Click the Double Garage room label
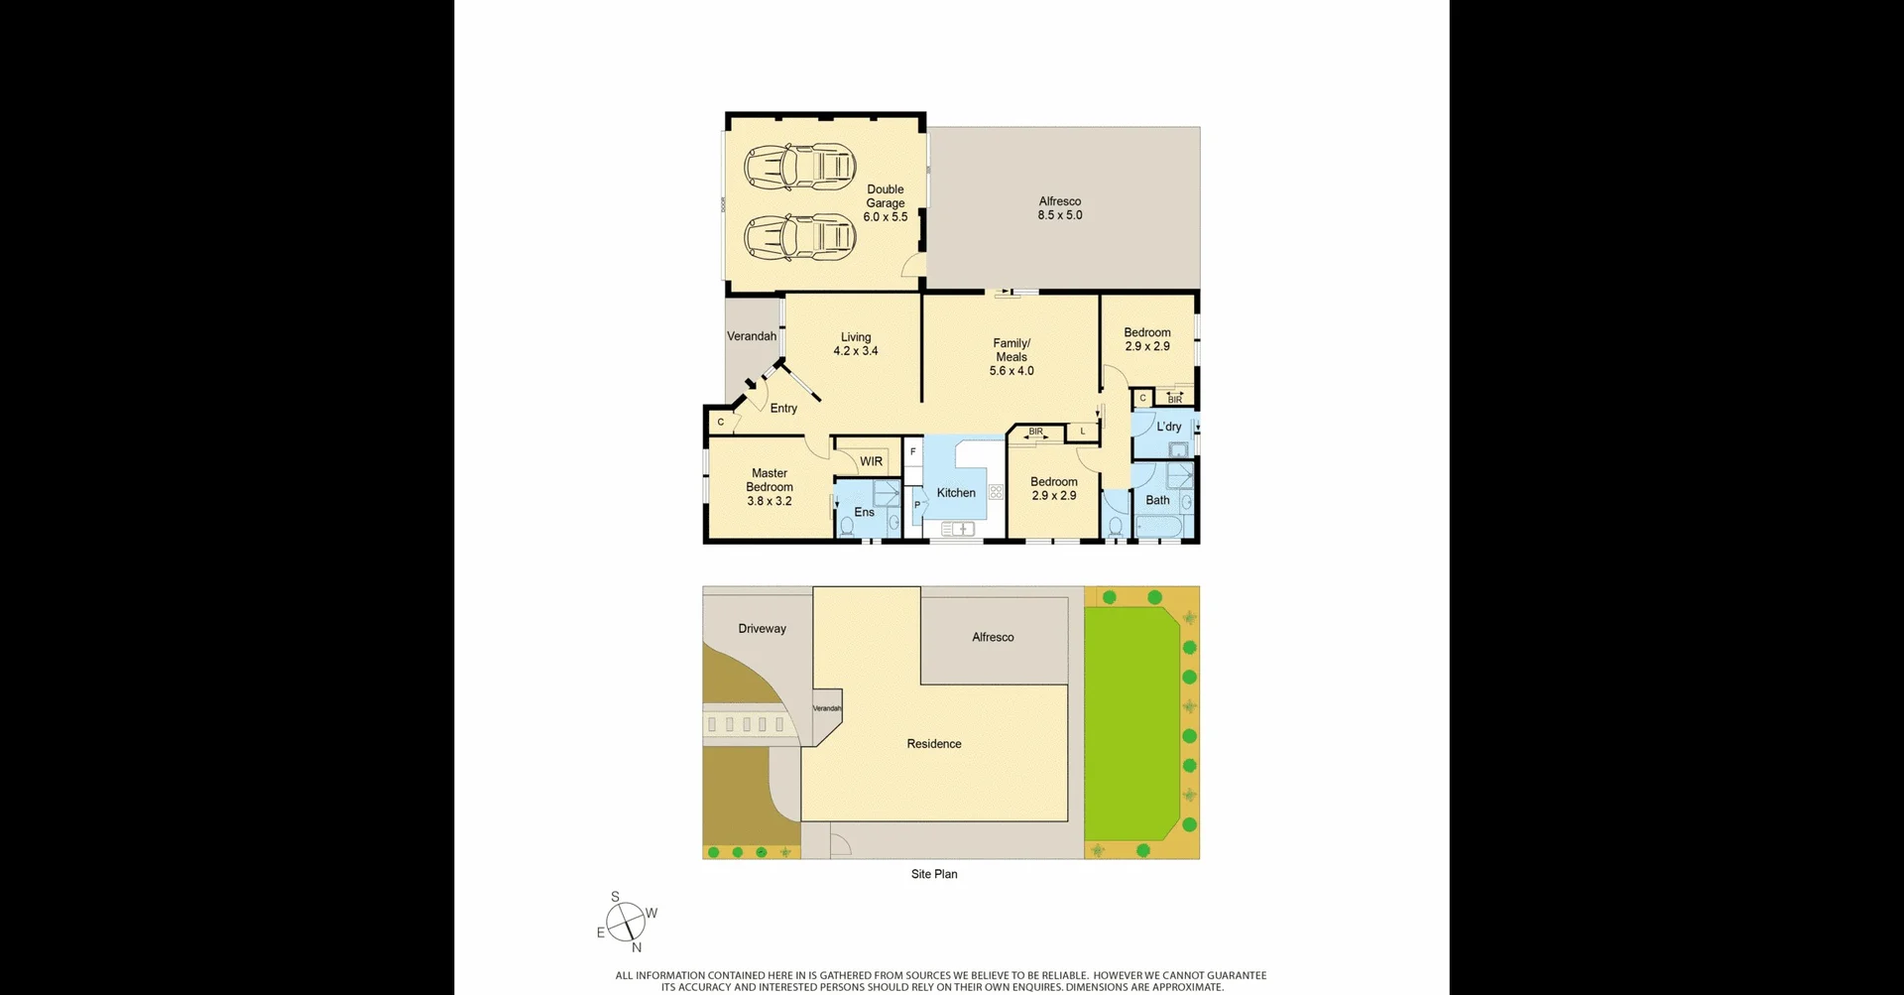click(x=885, y=202)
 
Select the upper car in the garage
click(x=799, y=167)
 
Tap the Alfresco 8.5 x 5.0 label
click(x=1059, y=208)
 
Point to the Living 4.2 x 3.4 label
click(x=855, y=343)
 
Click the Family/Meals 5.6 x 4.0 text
click(x=1011, y=357)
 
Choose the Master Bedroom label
click(x=769, y=487)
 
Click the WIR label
click(x=871, y=461)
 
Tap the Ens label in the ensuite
click(x=864, y=512)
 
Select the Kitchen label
click(x=956, y=493)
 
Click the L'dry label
click(x=1168, y=427)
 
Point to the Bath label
click(x=1157, y=500)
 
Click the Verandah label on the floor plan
click(x=751, y=336)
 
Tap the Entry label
click(x=783, y=408)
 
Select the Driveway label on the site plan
click(x=762, y=628)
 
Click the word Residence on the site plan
click(x=933, y=744)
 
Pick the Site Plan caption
click(x=933, y=874)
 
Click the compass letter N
click(x=637, y=947)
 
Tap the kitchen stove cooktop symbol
click(x=996, y=491)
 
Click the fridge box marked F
click(x=912, y=451)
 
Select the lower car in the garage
click(x=799, y=237)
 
